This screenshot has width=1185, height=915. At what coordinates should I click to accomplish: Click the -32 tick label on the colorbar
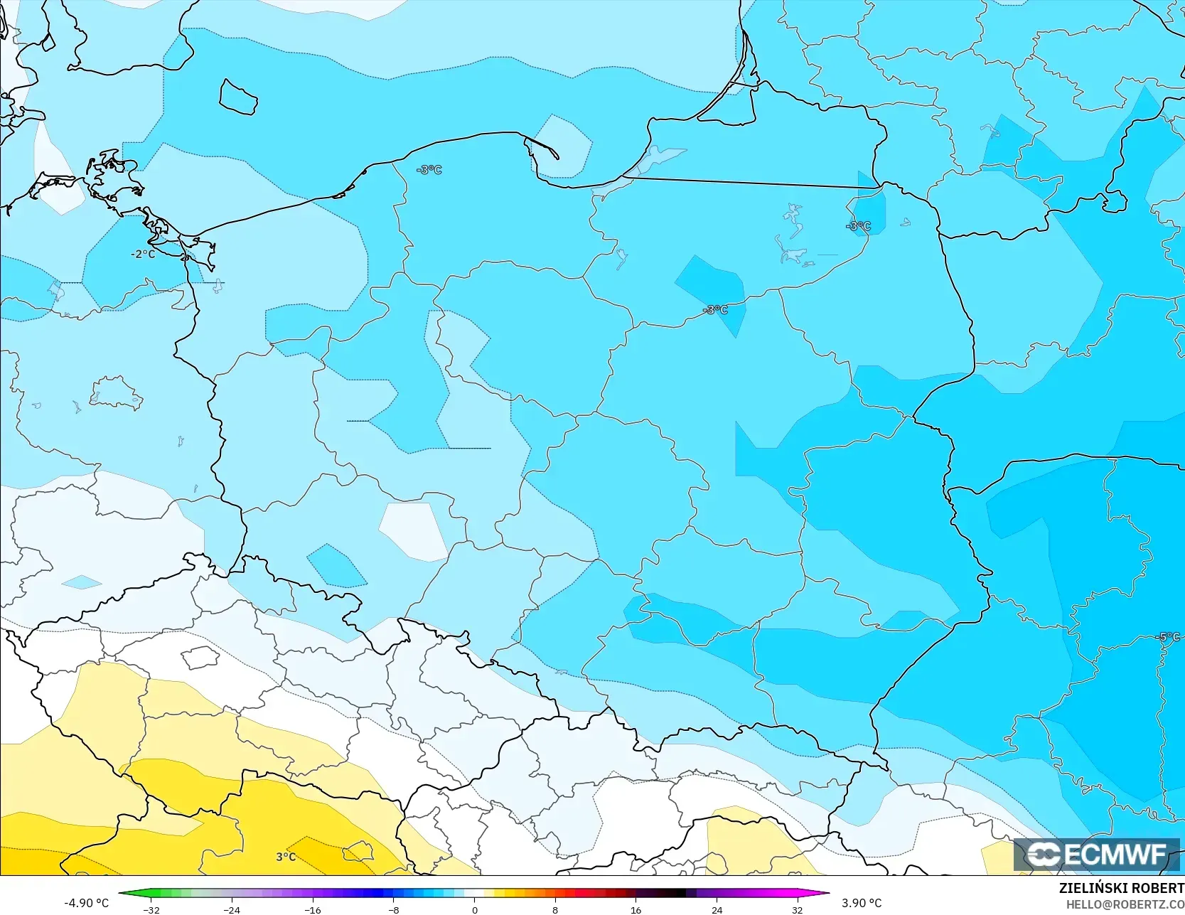pyautogui.click(x=151, y=909)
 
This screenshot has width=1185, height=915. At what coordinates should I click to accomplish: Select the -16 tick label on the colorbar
pyautogui.click(x=313, y=909)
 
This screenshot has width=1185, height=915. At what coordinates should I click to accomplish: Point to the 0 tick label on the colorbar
pyautogui.click(x=475, y=909)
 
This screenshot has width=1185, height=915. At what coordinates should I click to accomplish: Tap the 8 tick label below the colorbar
pyautogui.click(x=555, y=909)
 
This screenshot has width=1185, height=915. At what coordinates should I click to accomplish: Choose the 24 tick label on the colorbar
pyautogui.click(x=717, y=909)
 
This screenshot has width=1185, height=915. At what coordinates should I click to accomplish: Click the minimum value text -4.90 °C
pyautogui.click(x=87, y=903)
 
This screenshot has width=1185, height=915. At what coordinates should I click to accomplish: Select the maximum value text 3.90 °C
pyautogui.click(x=862, y=903)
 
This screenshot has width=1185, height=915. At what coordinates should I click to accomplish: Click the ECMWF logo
pyautogui.click(x=1095, y=855)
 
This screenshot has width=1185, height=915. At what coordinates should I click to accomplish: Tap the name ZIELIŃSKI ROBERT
pyautogui.click(x=1121, y=888)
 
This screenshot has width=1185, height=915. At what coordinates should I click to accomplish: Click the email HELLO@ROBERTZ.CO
pyautogui.click(x=1125, y=904)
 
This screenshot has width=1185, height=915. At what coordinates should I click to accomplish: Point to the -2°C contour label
pyautogui.click(x=143, y=254)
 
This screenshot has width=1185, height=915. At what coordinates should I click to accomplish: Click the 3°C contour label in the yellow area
pyautogui.click(x=286, y=857)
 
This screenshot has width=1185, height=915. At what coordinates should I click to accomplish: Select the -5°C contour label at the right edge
pyautogui.click(x=1169, y=637)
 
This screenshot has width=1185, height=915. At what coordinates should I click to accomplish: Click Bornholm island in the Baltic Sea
pyautogui.click(x=237, y=97)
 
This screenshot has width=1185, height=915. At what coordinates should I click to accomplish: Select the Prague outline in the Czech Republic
pyautogui.click(x=200, y=657)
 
